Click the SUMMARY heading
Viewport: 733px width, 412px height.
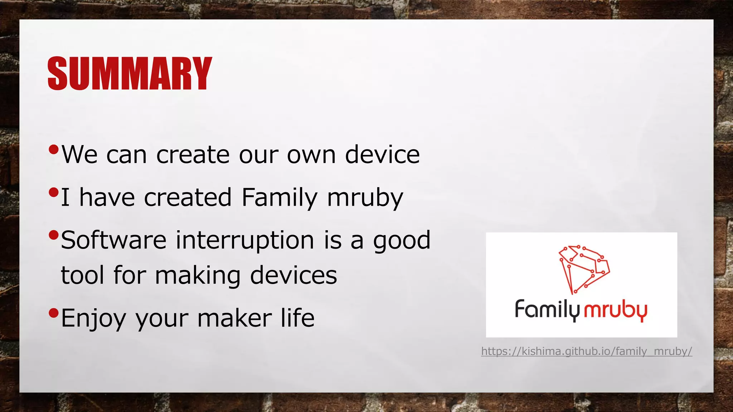[x=130, y=73]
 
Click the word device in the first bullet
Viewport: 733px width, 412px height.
[x=382, y=155]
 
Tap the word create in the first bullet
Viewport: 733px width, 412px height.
[x=193, y=155]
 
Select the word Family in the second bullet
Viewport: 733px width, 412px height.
[x=279, y=198]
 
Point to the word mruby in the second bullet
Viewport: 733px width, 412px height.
[x=365, y=198]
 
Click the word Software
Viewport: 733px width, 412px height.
[x=113, y=240]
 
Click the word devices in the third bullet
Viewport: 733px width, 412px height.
[x=293, y=275]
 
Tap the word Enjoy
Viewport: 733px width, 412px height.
[x=93, y=318]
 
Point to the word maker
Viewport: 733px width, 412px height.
[x=234, y=318]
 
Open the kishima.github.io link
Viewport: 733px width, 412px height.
[x=586, y=351]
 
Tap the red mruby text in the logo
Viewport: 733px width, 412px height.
[x=615, y=310]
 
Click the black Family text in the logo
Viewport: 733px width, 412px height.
[x=547, y=310]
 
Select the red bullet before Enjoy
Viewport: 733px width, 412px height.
[x=53, y=313]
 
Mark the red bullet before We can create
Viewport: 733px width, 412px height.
[x=53, y=149]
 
